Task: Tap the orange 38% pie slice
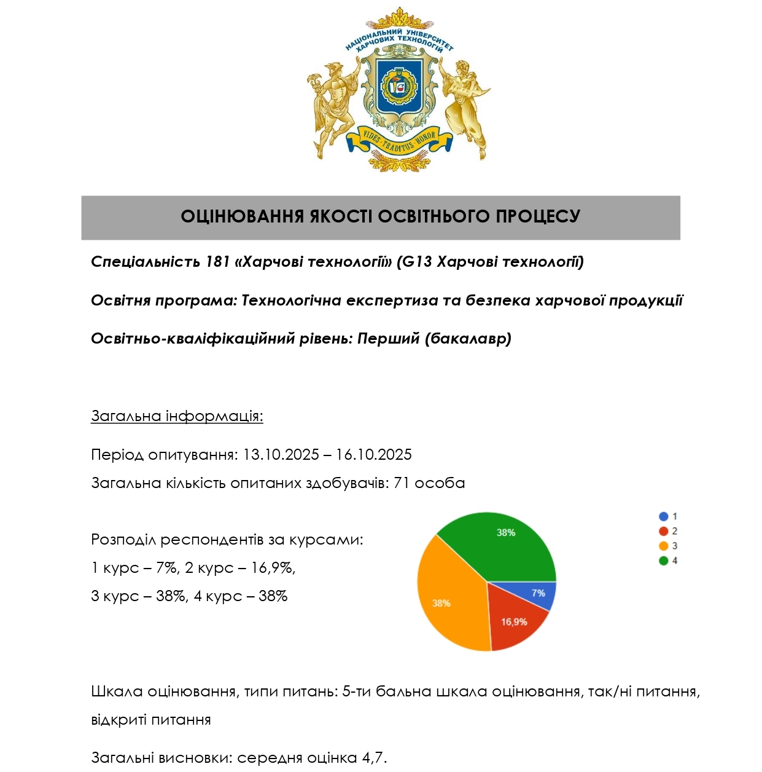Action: coord(445,599)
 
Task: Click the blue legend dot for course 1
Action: coord(663,516)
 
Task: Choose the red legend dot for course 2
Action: coord(663,531)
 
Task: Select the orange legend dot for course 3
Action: coord(663,546)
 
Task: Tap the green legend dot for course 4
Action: coord(663,561)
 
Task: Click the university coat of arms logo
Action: coord(399,89)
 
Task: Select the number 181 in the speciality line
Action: coord(217,262)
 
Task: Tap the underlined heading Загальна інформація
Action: coord(177,416)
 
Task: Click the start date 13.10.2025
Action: coord(281,455)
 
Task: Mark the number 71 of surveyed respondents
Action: coord(402,483)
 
